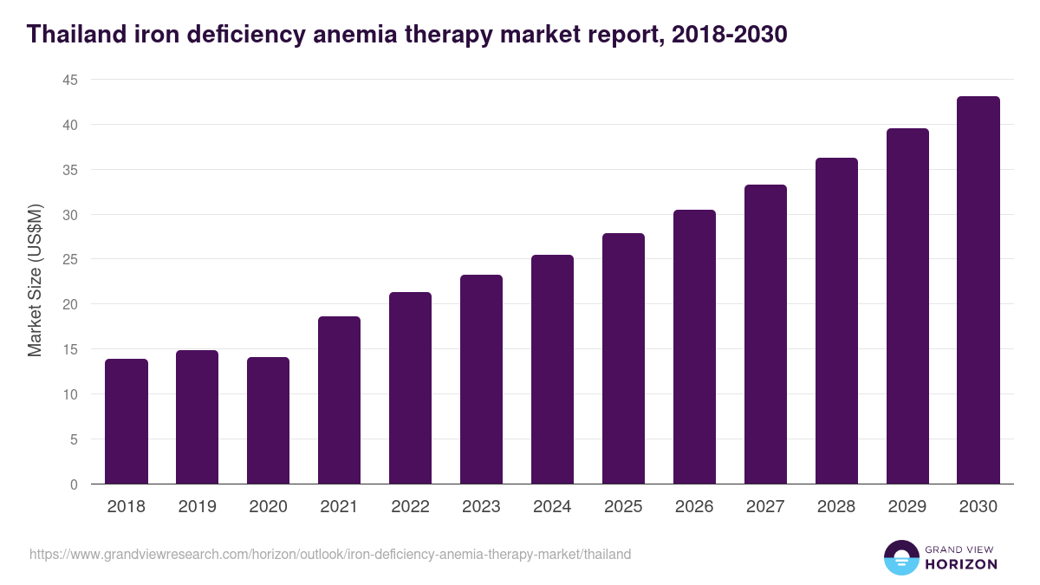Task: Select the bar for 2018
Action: click(x=127, y=421)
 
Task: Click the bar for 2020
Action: click(x=269, y=420)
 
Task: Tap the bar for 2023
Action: click(x=481, y=380)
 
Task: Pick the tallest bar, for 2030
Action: click(x=978, y=290)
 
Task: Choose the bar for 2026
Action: click(x=694, y=347)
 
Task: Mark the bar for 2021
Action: click(x=339, y=400)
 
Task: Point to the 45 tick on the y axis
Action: click(x=69, y=80)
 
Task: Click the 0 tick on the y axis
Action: click(x=74, y=484)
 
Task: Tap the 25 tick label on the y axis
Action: click(x=69, y=259)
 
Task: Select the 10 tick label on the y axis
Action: click(x=69, y=394)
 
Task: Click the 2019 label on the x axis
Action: click(x=197, y=507)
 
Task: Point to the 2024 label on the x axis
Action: click(x=552, y=507)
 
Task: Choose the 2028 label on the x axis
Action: click(x=836, y=507)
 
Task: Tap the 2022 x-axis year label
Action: click(x=410, y=507)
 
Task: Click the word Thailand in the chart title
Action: click(x=76, y=35)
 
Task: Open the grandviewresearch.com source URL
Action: click(x=330, y=554)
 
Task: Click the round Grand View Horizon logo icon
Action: click(x=901, y=557)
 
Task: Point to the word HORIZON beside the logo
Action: click(x=961, y=564)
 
